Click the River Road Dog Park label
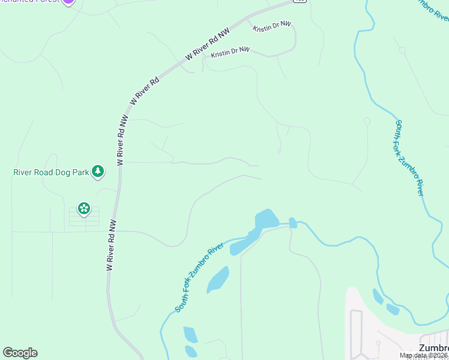(51, 173)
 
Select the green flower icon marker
(84, 209)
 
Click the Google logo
(20, 353)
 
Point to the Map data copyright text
(424, 356)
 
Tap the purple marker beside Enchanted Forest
(68, 1)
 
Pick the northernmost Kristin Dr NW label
(271, 28)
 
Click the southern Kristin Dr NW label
(229, 52)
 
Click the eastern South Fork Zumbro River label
(409, 158)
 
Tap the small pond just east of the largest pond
(293, 223)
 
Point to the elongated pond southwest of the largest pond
(217, 280)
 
